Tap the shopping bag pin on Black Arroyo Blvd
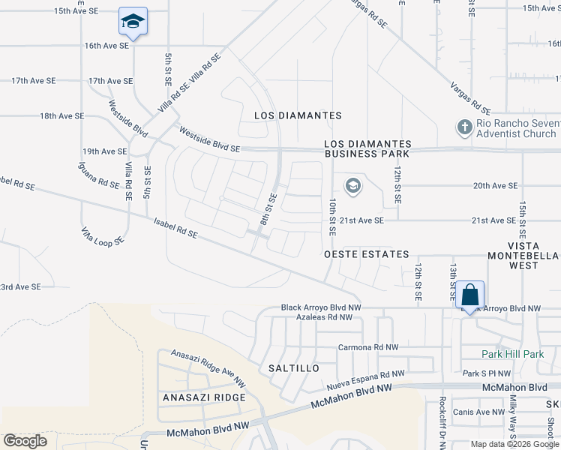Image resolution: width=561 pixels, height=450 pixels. pos(469,293)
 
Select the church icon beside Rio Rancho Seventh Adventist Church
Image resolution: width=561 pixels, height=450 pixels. pos(464,127)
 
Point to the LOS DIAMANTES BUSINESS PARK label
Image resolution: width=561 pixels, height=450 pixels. pos(367,148)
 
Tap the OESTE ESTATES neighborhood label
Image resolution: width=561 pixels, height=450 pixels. pos(366,255)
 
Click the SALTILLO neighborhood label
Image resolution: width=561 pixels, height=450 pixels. pos(294,368)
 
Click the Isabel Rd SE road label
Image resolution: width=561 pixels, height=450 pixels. pos(175,229)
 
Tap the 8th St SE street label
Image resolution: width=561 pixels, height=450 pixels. pos(268,210)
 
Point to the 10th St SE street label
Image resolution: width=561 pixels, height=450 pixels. pos(331,216)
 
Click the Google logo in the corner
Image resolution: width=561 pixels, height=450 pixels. pos(25,441)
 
